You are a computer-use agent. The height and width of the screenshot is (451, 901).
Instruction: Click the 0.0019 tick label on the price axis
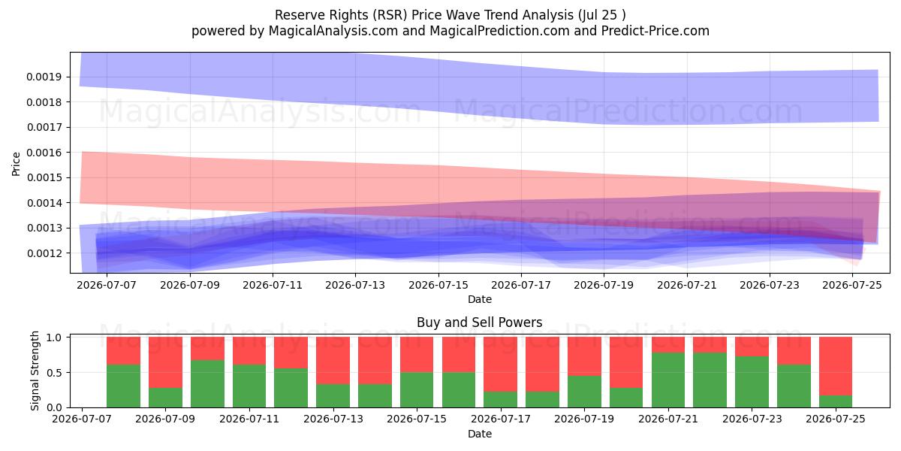(x=44, y=77)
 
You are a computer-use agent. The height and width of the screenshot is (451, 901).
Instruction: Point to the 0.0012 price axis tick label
(x=44, y=253)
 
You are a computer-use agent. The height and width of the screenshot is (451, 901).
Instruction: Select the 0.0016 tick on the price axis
(x=44, y=153)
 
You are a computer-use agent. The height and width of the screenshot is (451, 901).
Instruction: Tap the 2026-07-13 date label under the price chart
(x=355, y=285)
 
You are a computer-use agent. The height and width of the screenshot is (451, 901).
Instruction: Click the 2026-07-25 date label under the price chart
(x=852, y=285)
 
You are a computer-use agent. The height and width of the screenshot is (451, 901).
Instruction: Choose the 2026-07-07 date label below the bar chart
(x=82, y=419)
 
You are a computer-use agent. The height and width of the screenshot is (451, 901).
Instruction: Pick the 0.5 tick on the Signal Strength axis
(x=54, y=373)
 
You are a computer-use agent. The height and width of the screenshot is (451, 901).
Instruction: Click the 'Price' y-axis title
(x=16, y=164)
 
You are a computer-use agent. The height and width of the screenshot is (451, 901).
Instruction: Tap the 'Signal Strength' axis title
(x=35, y=371)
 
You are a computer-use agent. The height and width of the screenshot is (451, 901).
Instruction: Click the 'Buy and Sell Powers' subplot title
(x=480, y=322)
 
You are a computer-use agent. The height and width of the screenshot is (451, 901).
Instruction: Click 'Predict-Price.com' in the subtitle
(x=655, y=31)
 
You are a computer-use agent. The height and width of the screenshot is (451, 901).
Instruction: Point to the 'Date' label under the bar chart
(x=480, y=434)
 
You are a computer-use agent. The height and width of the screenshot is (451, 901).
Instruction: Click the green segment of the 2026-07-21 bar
(x=668, y=380)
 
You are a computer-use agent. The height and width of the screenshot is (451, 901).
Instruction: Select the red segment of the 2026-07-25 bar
(x=836, y=366)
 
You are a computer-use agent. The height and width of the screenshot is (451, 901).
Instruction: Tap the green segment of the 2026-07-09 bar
(x=165, y=398)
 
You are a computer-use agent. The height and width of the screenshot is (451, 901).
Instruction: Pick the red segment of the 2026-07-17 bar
(x=500, y=365)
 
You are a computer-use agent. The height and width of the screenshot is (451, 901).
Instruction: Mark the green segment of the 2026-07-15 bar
(x=417, y=390)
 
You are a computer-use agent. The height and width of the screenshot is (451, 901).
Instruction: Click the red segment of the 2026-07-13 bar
(x=333, y=360)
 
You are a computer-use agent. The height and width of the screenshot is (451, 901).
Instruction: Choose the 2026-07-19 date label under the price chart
(x=604, y=285)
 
